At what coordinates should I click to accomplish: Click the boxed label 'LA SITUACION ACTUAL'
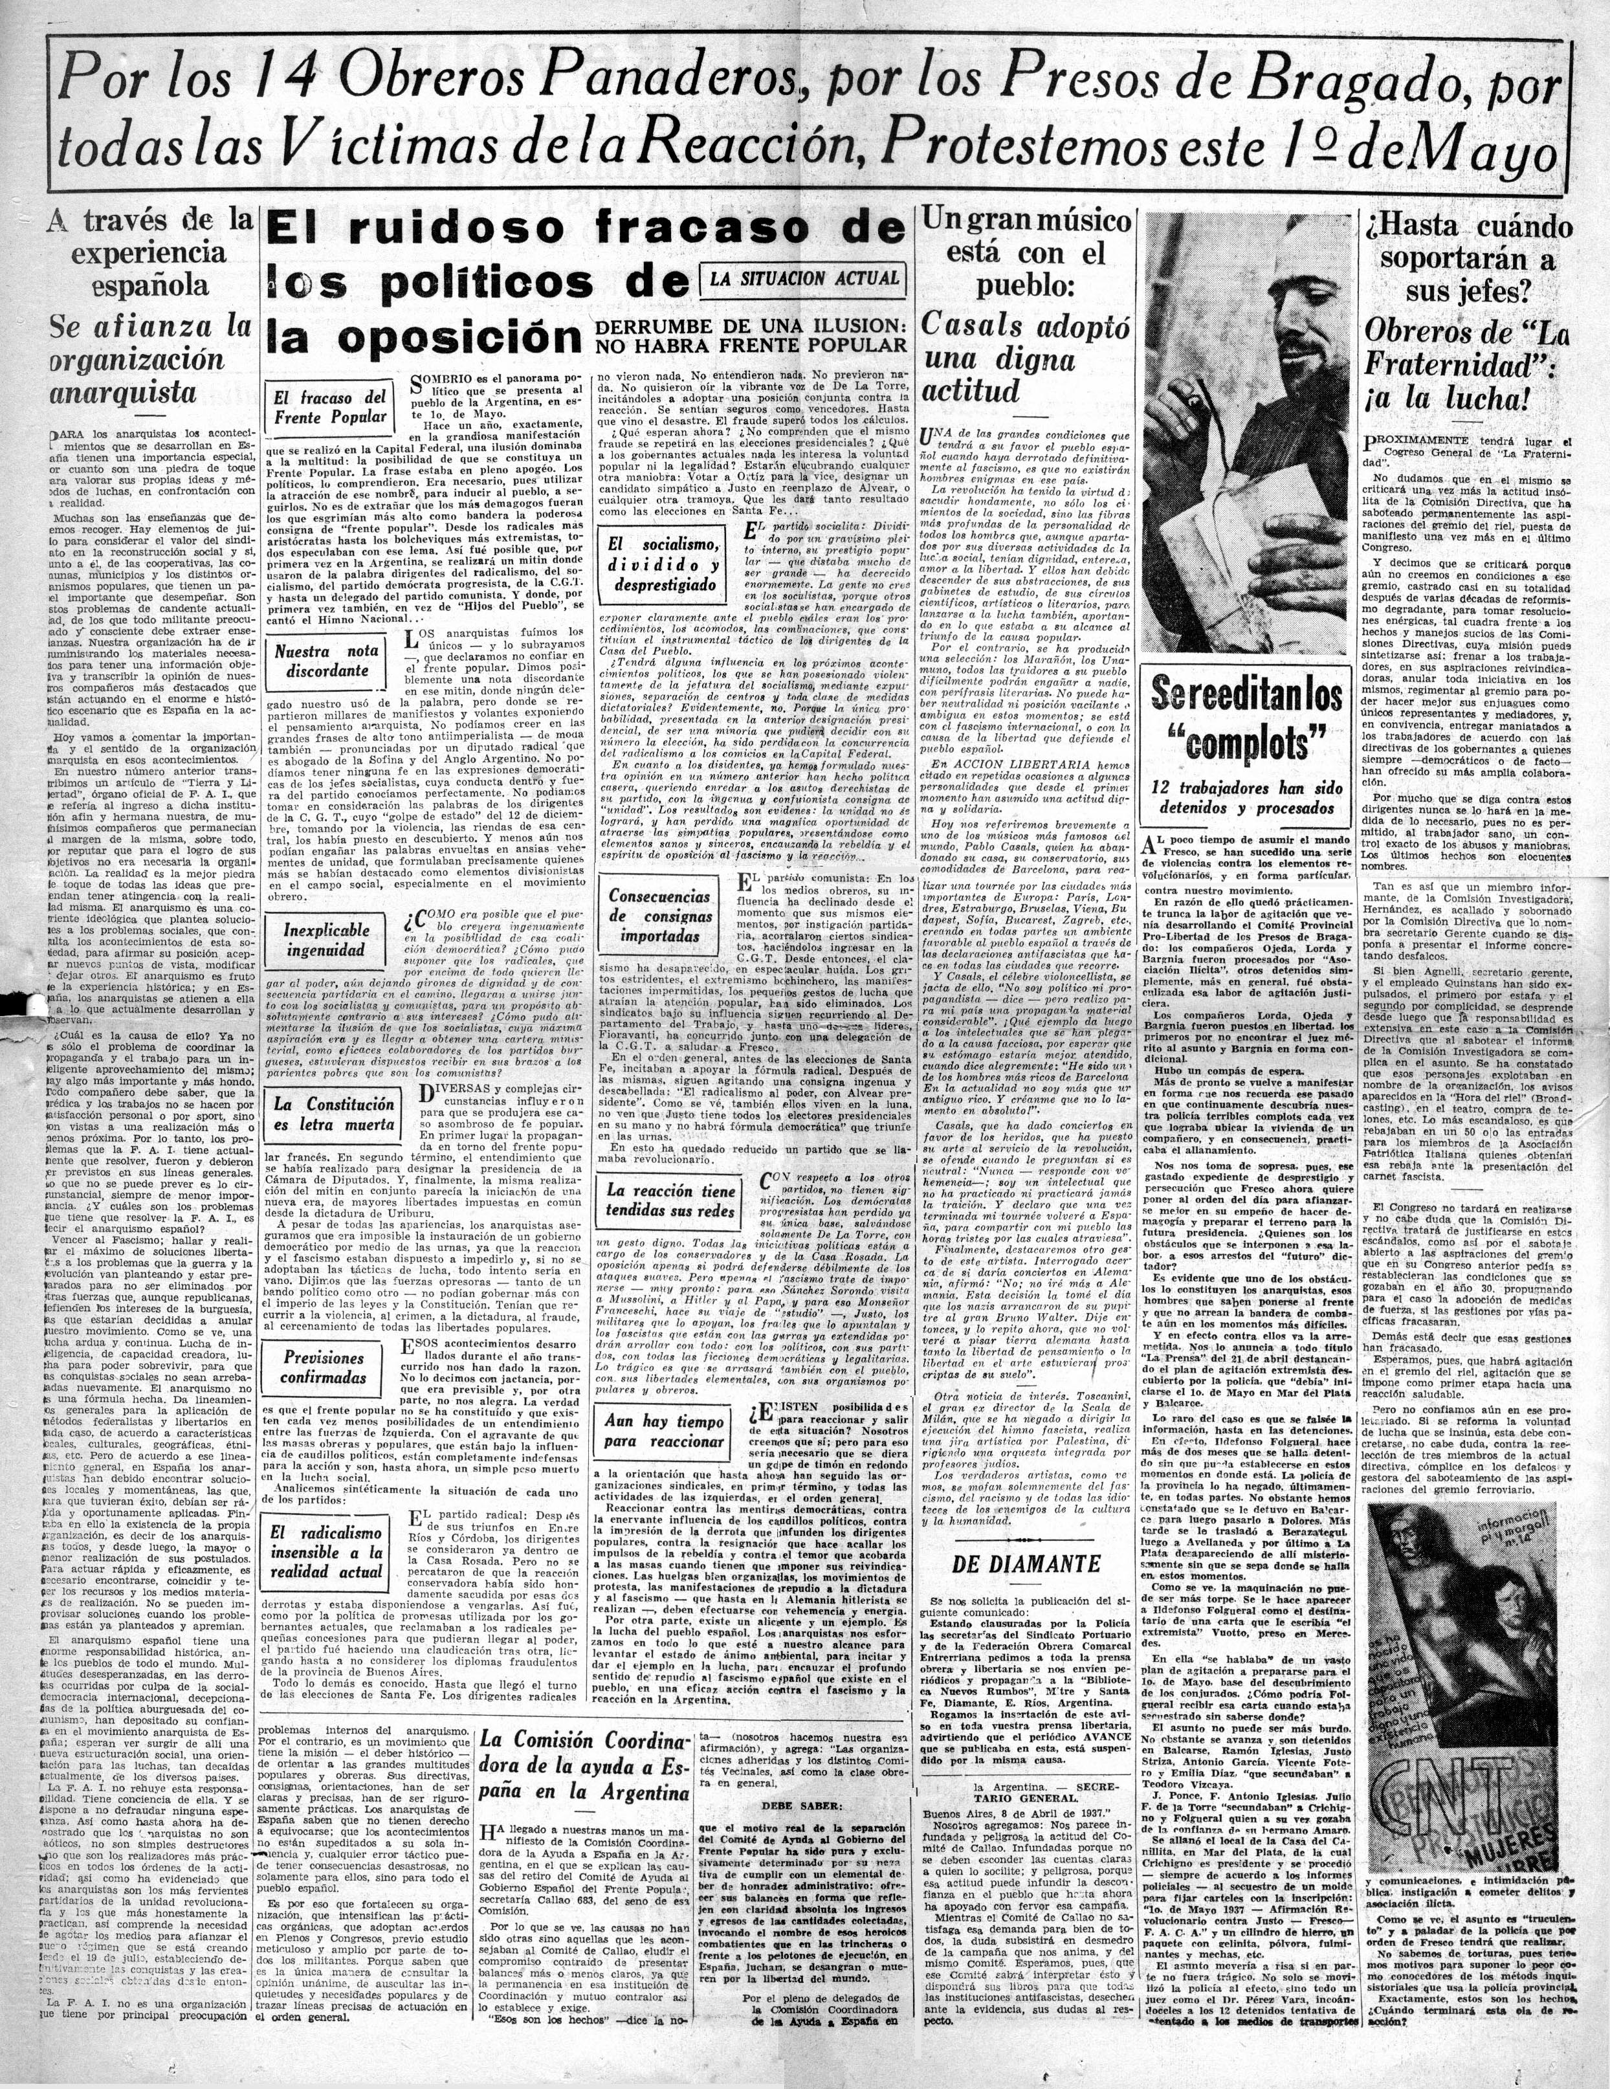804,278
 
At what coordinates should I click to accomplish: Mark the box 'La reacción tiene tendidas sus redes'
670,1200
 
